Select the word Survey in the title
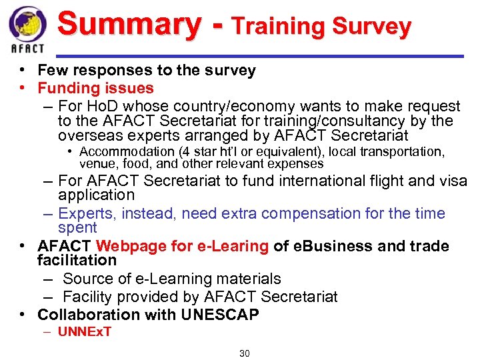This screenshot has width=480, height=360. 371,27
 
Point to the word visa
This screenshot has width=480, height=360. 453,181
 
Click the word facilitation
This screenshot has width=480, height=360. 77,260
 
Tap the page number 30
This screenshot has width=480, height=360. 244,353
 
